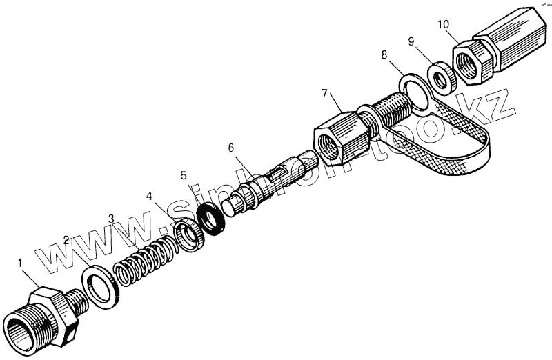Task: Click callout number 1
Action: coord(20,263)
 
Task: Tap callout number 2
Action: coord(67,241)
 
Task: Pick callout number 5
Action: coord(183,174)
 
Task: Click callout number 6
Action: coord(231,148)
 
